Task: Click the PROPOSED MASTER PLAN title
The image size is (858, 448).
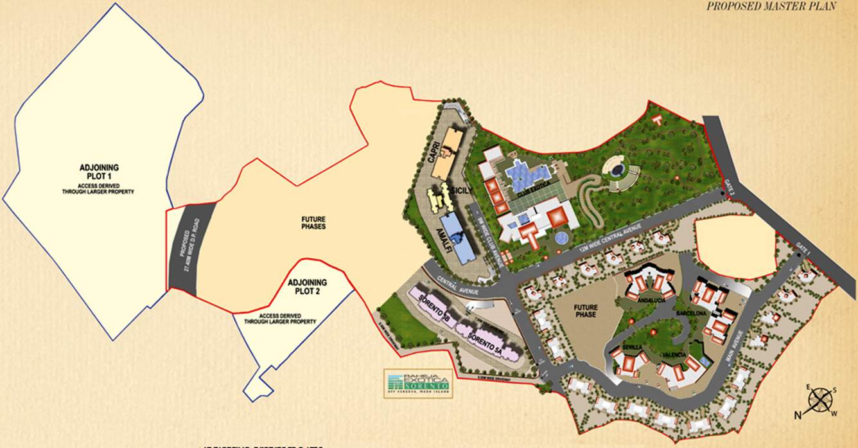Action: tap(771, 6)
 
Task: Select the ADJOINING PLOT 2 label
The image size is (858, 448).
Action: tap(307, 287)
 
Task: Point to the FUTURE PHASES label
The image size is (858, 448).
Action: tap(313, 222)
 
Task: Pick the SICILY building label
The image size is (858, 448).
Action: tap(461, 191)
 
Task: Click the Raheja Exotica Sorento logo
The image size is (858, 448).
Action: tap(417, 384)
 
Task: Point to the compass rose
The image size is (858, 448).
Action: tap(819, 400)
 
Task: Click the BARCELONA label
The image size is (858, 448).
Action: tap(691, 313)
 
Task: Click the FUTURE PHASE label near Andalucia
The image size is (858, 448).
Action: tap(585, 310)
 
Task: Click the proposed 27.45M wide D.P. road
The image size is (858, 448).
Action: tap(191, 247)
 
